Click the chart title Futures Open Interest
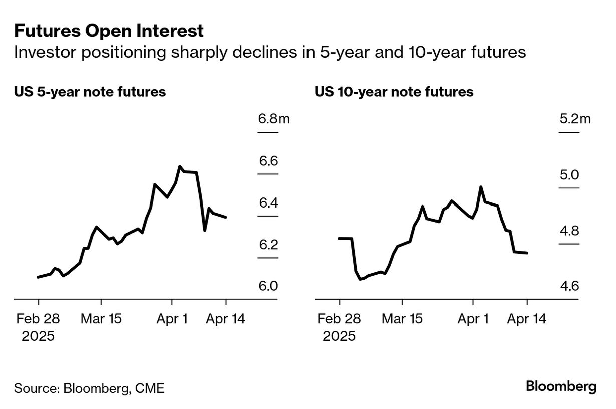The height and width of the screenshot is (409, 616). [x=109, y=31]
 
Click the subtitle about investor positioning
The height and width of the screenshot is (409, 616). [x=270, y=52]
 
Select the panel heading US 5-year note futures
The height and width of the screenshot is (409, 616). [x=90, y=92]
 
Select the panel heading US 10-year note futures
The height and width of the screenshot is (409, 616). [x=394, y=92]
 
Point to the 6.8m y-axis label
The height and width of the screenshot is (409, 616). [x=274, y=119]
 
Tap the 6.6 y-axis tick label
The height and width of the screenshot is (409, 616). [x=268, y=161]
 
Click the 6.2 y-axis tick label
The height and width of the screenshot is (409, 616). [x=268, y=245]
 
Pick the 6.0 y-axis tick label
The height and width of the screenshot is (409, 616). [x=268, y=286]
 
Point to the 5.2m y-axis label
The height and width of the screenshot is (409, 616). [x=575, y=119]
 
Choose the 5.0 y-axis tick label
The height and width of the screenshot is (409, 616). [x=569, y=175]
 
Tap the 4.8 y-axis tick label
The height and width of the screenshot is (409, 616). [x=569, y=231]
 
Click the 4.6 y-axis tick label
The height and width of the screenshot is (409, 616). [x=569, y=286]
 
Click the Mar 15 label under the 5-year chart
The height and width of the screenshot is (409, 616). [x=101, y=319]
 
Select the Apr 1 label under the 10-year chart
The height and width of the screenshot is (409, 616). [x=473, y=319]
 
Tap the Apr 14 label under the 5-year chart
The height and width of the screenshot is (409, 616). [x=226, y=319]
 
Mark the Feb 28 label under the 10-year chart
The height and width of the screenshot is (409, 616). [x=339, y=319]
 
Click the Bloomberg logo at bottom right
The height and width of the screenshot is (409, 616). [x=561, y=386]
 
